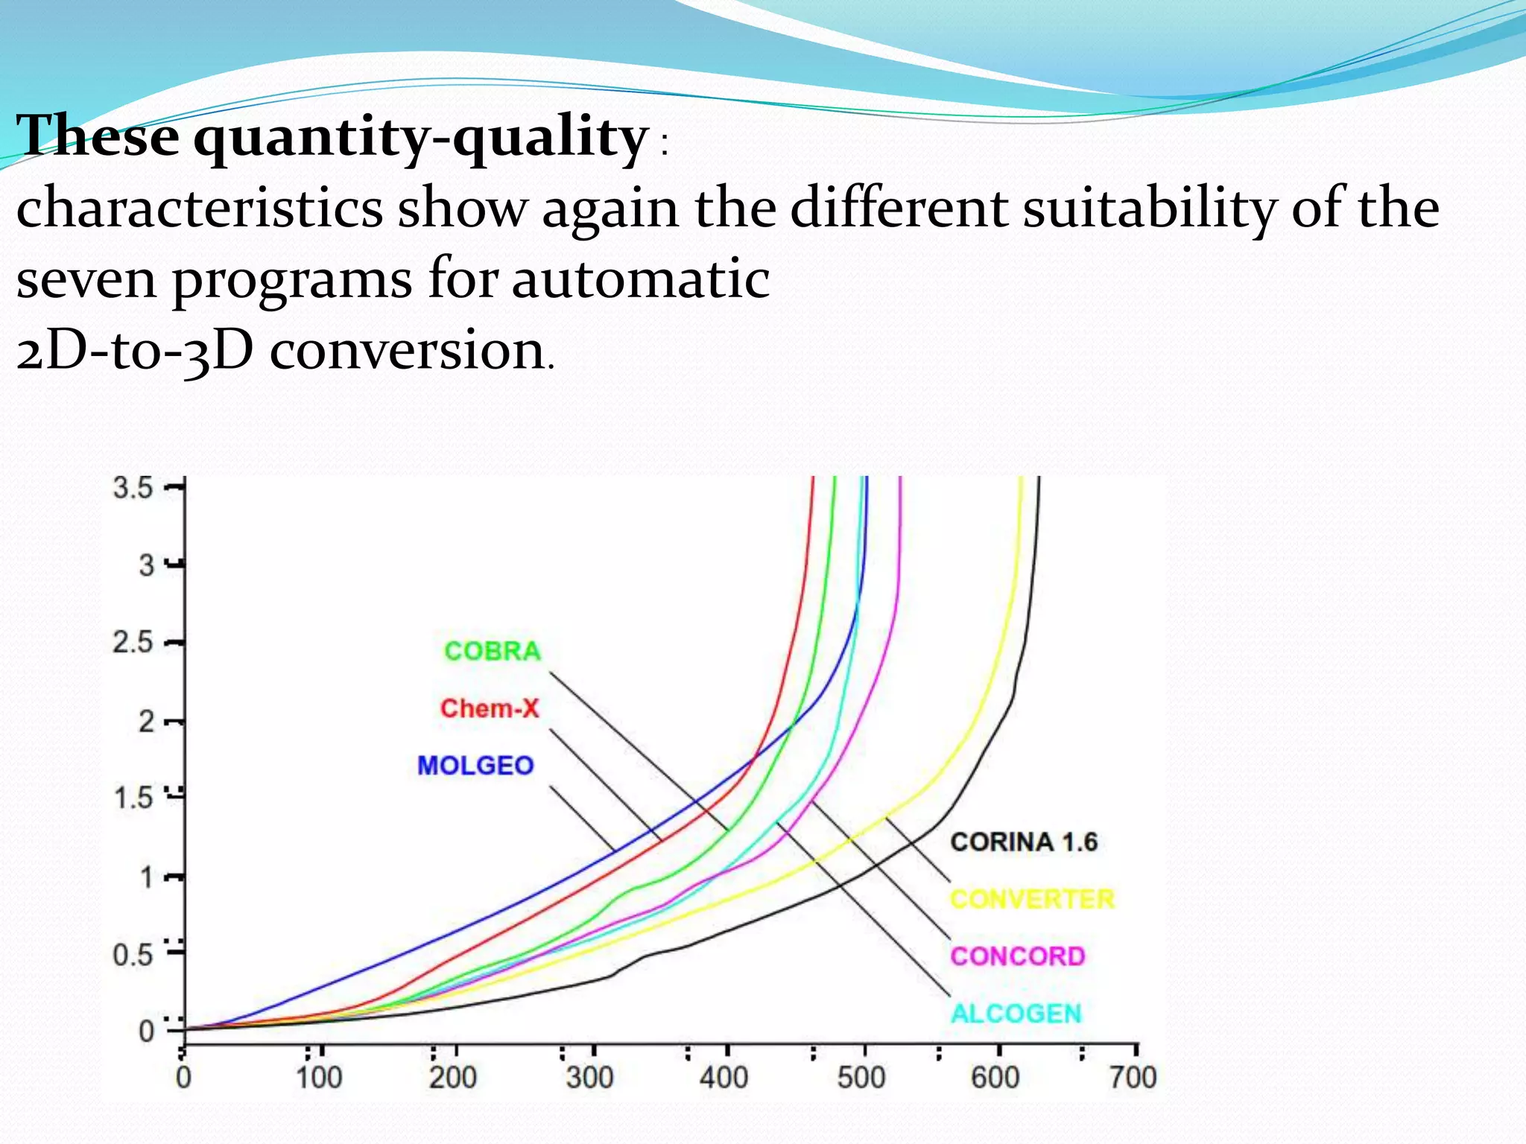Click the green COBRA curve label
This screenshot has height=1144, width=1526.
tap(493, 652)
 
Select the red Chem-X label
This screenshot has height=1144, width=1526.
tap(490, 708)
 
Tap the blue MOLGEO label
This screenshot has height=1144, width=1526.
tap(475, 766)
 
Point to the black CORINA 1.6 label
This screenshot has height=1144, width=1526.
tap(1024, 842)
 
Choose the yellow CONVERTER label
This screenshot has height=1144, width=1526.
tap(1032, 900)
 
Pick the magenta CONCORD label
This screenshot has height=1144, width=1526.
tap(1018, 956)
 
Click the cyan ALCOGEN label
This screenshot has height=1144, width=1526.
tap(1016, 1014)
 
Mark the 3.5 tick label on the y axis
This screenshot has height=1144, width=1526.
tap(133, 489)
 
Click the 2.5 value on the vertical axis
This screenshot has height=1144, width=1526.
tap(133, 643)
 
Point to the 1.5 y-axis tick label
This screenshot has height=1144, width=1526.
tap(133, 799)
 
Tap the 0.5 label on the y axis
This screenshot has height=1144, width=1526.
tap(133, 956)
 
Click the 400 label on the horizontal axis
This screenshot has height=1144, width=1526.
tap(724, 1078)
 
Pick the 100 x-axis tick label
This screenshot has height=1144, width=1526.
tap(319, 1078)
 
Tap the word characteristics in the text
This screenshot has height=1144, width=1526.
tap(199, 209)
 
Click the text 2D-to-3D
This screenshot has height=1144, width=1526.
tap(135, 351)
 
